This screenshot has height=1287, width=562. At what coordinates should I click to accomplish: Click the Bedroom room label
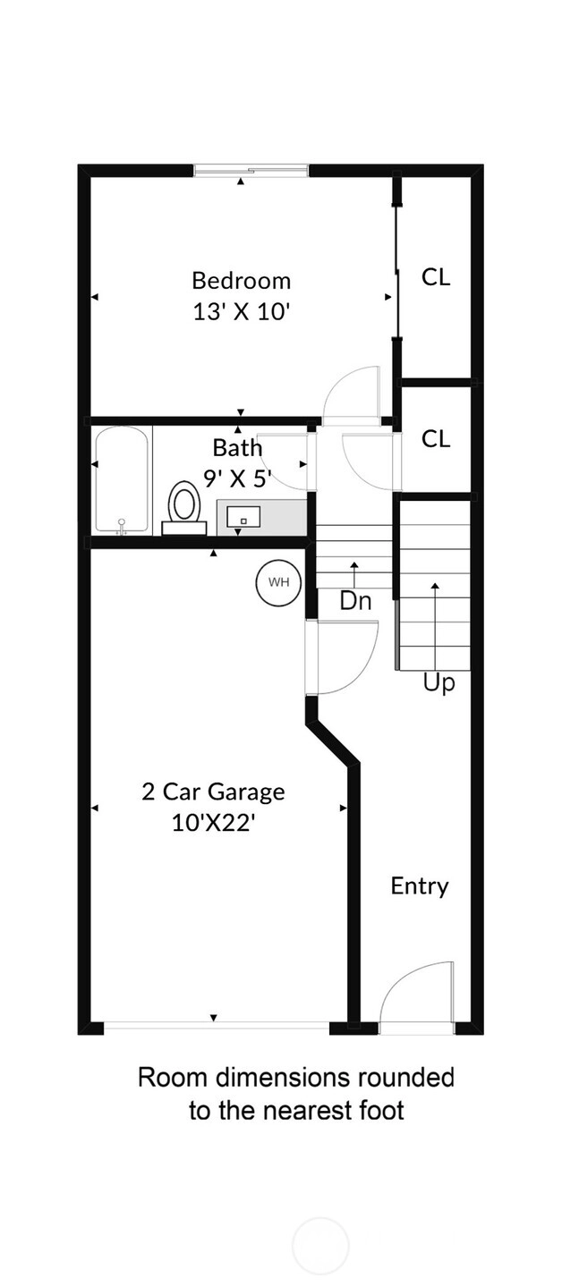coord(242,281)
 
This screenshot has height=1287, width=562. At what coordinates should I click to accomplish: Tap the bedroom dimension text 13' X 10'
coord(241,312)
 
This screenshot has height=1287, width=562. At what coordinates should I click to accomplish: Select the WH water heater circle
coord(278,582)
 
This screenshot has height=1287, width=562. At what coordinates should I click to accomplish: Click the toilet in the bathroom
coord(183,508)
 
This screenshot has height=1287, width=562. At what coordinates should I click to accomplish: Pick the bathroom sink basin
coord(243,517)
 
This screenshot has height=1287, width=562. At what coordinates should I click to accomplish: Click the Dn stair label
coord(355,601)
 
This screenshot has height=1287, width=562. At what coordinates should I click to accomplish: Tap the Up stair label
coord(439,683)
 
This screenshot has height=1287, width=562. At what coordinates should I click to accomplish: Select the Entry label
coord(420,886)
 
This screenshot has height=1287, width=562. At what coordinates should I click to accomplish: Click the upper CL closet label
coord(436,277)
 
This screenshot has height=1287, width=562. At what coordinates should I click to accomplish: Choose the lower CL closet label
coord(436,439)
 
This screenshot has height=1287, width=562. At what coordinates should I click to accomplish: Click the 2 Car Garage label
coord(213,792)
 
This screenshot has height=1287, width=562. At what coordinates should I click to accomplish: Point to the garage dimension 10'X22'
coord(213,824)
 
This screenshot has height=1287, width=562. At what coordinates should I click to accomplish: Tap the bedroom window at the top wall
coord(251,171)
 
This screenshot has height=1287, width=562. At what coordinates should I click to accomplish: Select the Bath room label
coord(237,448)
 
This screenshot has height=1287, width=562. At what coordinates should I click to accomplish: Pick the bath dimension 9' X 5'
coord(237,478)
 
